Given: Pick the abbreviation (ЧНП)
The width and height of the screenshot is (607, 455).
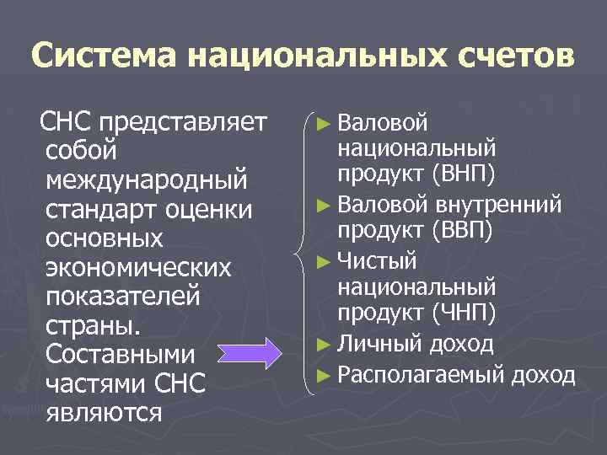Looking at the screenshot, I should click(x=463, y=313).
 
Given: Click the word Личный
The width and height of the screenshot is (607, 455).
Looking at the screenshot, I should click(x=379, y=344).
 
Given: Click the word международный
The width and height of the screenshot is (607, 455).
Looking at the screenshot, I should click(x=148, y=180).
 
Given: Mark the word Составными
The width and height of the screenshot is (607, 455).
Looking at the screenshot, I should click(x=121, y=354).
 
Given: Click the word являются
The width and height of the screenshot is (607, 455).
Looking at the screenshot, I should click(x=105, y=413).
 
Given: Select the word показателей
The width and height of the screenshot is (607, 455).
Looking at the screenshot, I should click(x=124, y=297).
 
